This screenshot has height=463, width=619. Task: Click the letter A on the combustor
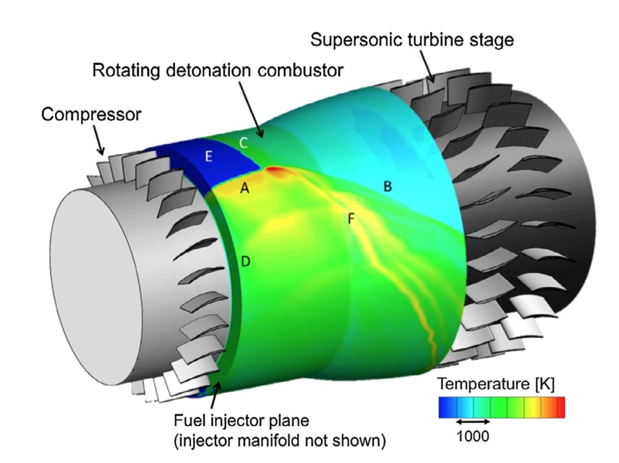(x=244, y=189)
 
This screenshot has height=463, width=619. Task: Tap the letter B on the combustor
(x=388, y=186)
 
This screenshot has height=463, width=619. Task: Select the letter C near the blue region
(x=243, y=143)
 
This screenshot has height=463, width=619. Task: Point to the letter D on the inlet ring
(x=245, y=261)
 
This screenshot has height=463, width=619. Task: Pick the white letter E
(x=208, y=157)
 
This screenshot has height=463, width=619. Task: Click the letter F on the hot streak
(x=351, y=219)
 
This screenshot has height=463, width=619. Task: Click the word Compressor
(x=91, y=114)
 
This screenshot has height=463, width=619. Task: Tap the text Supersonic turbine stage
(x=412, y=40)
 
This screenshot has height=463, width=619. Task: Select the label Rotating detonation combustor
(x=218, y=70)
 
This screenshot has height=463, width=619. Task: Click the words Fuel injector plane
(x=241, y=421)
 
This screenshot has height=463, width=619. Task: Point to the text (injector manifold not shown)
(x=280, y=441)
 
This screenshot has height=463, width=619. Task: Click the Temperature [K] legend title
(x=496, y=384)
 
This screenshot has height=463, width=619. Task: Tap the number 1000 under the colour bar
(x=473, y=436)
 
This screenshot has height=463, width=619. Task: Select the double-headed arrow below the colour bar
(x=473, y=421)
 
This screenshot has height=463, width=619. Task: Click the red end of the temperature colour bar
(x=560, y=407)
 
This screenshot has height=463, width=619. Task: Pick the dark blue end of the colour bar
(x=444, y=407)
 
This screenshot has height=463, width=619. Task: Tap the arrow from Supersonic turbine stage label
(x=427, y=67)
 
